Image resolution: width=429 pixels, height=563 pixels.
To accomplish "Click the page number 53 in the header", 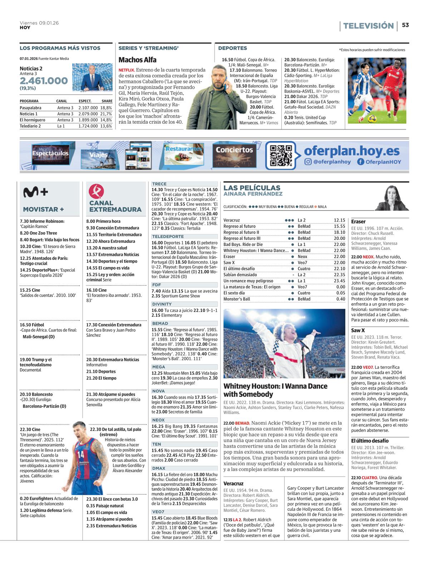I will pos(405,25).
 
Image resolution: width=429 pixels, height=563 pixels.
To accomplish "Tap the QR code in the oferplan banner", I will pos(281,155).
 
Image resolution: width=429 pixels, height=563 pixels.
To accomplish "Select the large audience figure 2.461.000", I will pos(44,81).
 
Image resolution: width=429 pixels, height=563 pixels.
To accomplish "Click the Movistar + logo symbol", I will pos(35,193).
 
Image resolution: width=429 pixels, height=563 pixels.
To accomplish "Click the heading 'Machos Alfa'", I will pos(137,60).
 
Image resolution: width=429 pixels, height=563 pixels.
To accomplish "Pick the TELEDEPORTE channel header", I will pos(168,237).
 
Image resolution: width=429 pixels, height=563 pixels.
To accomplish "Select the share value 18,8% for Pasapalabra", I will pos(106,108).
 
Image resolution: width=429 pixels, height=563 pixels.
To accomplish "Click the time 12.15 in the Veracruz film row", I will pos(339,220).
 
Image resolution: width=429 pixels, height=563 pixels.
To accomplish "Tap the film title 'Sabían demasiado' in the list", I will pos(240,275).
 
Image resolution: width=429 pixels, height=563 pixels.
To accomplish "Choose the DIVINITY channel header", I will pos(162,304).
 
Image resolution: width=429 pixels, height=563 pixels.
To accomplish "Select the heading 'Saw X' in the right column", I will pos(358,331).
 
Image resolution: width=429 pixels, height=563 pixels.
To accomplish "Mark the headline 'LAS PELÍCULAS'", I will pos(252,188).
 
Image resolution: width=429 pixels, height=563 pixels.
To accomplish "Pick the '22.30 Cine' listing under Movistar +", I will pos(30,429).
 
